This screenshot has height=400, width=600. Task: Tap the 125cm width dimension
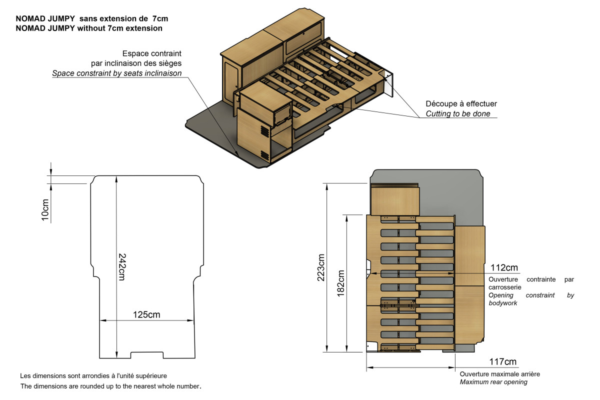coord(146,314)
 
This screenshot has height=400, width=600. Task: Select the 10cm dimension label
coord(45,209)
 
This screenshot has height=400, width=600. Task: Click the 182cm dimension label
coord(341,283)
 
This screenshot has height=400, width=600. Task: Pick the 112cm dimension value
coord(503,268)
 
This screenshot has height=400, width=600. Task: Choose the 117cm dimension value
coord(502,362)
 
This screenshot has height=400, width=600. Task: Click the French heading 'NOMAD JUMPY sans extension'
coord(91,18)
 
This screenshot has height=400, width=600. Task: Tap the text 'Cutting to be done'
coord(457,114)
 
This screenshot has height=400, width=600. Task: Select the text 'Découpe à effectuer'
coord(461,103)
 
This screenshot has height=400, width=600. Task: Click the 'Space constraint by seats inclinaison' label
coord(116,73)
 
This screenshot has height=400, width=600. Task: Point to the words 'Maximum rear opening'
coord(493,382)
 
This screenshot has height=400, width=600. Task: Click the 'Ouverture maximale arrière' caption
coord(499,374)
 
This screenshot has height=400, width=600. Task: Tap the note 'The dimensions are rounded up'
coord(110,386)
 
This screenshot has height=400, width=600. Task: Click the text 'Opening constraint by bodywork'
coord(531,299)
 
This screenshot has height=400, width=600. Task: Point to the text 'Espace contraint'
coord(151,53)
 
